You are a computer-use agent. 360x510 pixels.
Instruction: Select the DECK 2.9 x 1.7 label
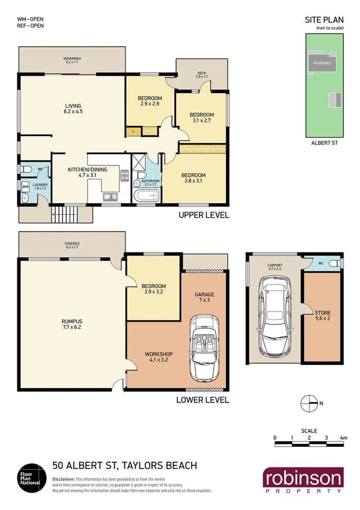202,75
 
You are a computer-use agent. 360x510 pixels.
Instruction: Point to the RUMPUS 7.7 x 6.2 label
72,325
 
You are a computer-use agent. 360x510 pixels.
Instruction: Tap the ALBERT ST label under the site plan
327,144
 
